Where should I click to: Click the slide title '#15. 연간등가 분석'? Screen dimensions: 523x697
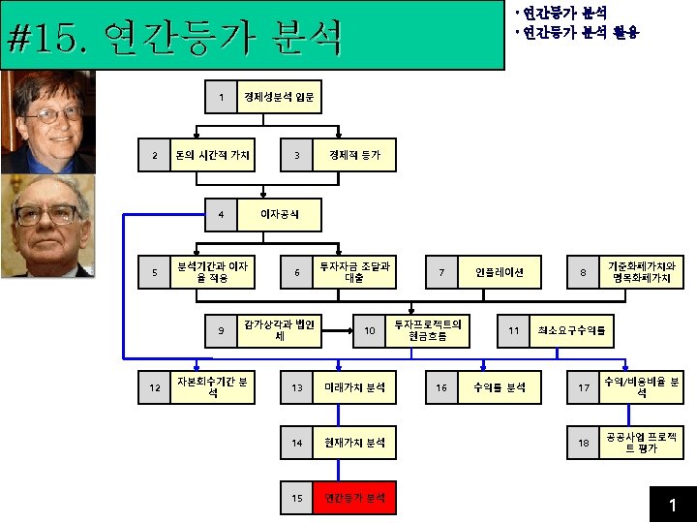(174, 41)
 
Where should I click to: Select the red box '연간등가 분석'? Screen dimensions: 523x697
(354, 498)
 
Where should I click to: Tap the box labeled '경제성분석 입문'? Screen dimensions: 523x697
(278, 97)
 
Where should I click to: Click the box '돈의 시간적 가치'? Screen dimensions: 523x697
(212, 155)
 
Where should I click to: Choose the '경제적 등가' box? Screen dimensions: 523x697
(354, 155)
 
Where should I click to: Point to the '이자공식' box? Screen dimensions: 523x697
(280, 213)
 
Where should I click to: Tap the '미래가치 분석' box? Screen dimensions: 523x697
(354, 387)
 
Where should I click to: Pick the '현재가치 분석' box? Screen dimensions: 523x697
(354, 443)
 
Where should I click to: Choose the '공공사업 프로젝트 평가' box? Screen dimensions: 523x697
(641, 443)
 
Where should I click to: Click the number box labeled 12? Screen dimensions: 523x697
(154, 387)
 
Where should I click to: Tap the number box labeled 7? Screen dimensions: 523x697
(441, 272)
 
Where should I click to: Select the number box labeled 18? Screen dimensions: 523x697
(583, 443)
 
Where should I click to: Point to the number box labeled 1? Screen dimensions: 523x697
(222, 97)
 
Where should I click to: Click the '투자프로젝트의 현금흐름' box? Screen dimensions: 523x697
(427, 330)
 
